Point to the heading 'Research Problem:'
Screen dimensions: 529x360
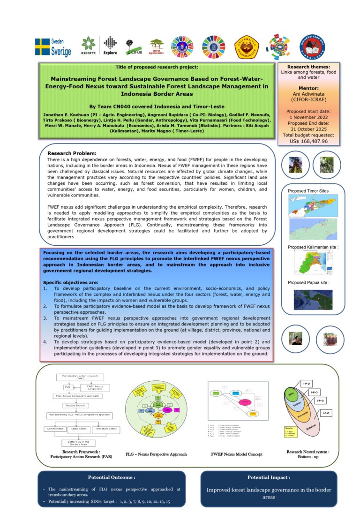72,153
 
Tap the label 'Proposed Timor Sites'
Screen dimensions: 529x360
308,191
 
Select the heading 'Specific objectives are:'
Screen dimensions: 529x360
71,283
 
